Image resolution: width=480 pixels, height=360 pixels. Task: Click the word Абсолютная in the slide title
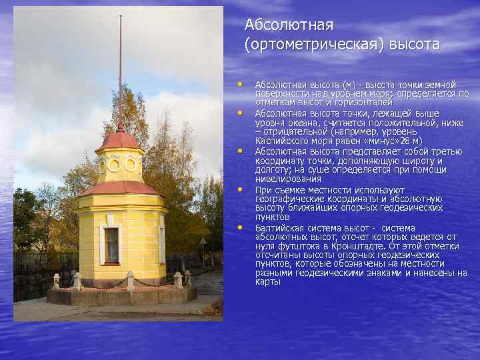click(x=288, y=25)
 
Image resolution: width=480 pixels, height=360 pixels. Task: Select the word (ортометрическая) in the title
click(x=304, y=45)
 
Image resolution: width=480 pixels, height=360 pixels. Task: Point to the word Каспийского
click(x=279, y=141)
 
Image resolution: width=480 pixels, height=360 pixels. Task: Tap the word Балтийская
click(x=279, y=227)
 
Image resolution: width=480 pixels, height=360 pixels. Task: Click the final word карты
click(x=267, y=282)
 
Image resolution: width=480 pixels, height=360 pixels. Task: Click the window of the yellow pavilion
click(x=111, y=244)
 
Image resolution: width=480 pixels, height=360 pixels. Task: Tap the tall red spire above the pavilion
click(x=120, y=67)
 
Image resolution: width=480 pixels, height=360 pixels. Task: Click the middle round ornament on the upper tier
click(x=114, y=164)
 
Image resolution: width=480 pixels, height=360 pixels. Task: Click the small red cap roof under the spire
click(x=119, y=139)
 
